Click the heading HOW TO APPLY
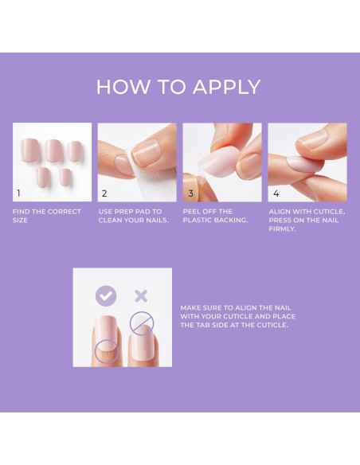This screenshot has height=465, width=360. click(178, 87)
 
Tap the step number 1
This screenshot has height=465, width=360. click(19, 193)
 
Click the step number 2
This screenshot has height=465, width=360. click(104, 193)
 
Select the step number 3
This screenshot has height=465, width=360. click(190, 193)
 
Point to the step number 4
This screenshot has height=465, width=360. click(276, 193)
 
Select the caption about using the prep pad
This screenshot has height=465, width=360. click(133, 215)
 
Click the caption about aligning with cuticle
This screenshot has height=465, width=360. click(306, 220)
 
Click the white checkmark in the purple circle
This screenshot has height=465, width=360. click(105, 296)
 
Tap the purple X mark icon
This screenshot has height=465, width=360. click(141, 296)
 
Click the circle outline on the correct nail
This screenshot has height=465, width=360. click(105, 350)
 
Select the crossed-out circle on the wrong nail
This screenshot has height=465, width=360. click(142, 322)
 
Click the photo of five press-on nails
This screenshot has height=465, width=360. click(52, 162)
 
